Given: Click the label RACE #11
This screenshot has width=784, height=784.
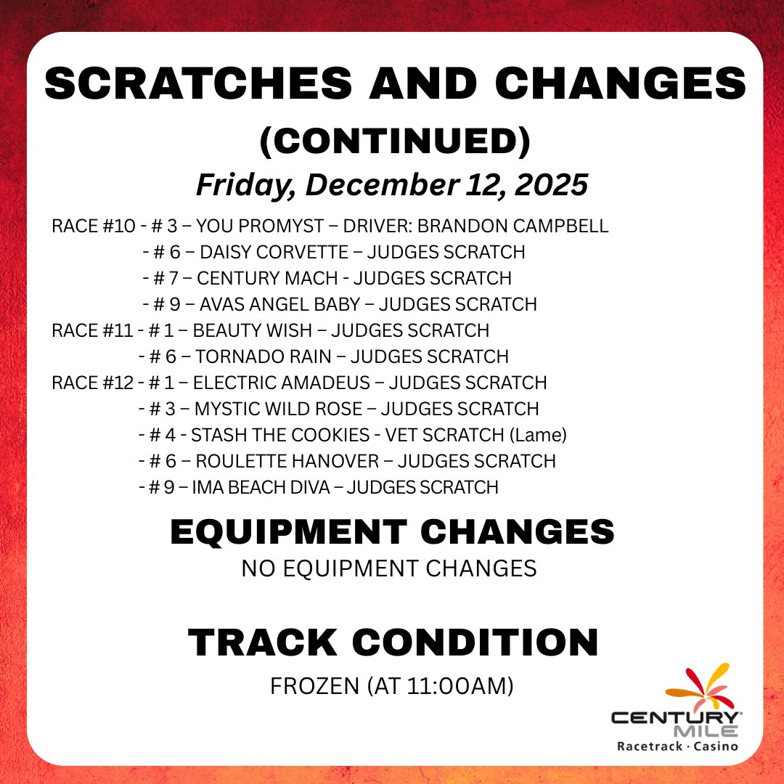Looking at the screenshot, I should coord(93,330).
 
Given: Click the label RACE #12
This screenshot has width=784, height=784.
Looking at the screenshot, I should coord(93,382).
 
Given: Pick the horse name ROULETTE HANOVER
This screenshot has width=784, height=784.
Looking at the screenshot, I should coord(287,461).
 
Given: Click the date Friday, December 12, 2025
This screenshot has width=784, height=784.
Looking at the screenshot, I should coord(392,184).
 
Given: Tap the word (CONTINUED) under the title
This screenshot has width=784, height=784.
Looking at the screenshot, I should coord(395,142).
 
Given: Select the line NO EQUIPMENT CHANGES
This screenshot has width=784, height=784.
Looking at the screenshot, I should coord(389,568).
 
